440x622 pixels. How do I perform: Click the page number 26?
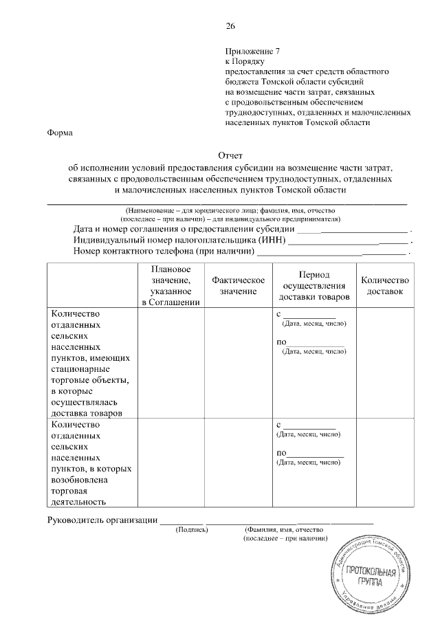click(230, 26)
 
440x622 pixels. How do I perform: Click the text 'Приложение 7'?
click(253, 51)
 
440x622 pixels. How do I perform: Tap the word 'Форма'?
click(60, 133)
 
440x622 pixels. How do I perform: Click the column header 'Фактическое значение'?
click(239, 286)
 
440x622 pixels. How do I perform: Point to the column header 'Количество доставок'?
click(385, 286)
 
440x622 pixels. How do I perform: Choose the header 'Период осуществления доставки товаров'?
click(314, 285)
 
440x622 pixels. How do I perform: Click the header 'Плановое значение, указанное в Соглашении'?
click(170, 285)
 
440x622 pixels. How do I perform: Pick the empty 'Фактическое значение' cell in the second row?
click(239, 463)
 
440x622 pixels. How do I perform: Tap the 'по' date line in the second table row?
click(315, 454)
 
